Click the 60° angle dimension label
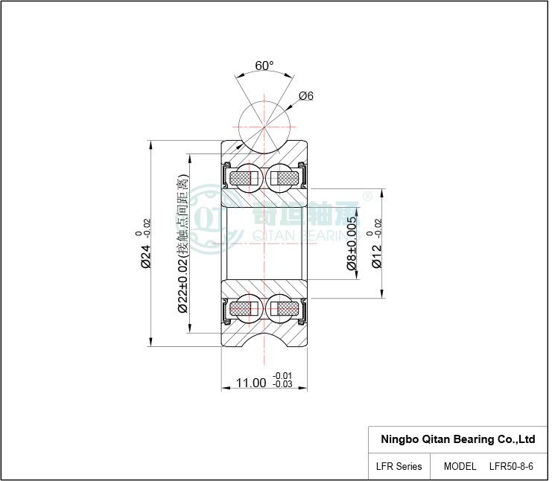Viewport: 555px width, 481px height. (x=264, y=66)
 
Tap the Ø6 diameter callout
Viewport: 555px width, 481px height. (x=306, y=96)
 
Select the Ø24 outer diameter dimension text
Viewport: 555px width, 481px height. (x=146, y=256)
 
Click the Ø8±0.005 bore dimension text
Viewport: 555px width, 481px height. (x=352, y=243)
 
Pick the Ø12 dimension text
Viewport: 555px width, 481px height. (x=377, y=256)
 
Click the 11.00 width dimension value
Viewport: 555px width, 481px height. (x=251, y=383)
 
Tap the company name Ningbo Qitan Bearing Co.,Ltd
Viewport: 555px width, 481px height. (x=457, y=439)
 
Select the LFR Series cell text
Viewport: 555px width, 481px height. (x=399, y=467)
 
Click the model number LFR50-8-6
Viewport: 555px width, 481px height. (x=511, y=467)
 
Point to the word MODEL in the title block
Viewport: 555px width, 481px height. (x=460, y=467)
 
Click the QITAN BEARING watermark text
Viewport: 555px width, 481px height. (x=306, y=235)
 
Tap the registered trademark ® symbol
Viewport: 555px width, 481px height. (x=368, y=197)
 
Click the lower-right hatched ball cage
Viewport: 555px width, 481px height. (x=285, y=309)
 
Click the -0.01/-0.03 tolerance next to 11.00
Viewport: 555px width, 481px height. (x=282, y=380)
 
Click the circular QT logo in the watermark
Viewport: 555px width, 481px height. (x=209, y=219)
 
